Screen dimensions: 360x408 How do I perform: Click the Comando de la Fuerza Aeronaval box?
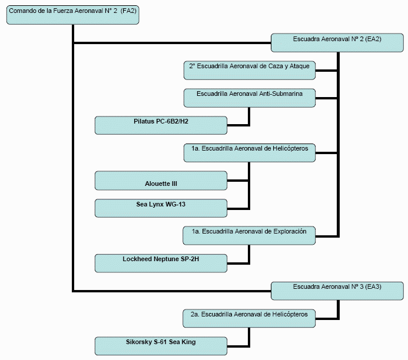click(73, 15)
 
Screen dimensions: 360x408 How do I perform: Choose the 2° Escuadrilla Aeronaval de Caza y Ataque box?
click(250, 70)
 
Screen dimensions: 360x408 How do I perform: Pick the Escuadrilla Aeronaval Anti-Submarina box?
click(250, 98)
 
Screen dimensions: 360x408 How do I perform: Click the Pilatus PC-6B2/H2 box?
click(161, 125)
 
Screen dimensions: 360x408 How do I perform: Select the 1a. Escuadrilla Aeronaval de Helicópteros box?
click(250, 153)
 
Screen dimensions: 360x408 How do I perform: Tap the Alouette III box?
click(161, 181)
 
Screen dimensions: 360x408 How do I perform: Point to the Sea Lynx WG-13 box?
click(161, 208)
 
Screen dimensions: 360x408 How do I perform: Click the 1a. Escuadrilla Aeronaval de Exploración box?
click(250, 235)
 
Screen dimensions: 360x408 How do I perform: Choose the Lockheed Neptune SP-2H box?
click(161, 263)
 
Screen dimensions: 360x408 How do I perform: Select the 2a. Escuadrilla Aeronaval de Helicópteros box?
click(250, 318)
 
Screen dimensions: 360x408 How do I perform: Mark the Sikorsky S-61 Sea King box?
click(161, 346)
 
